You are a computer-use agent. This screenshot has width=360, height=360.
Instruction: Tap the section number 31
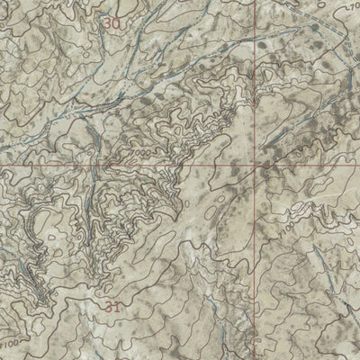click(111, 308)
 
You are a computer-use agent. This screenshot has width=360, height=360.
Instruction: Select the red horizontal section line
click(90, 167)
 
